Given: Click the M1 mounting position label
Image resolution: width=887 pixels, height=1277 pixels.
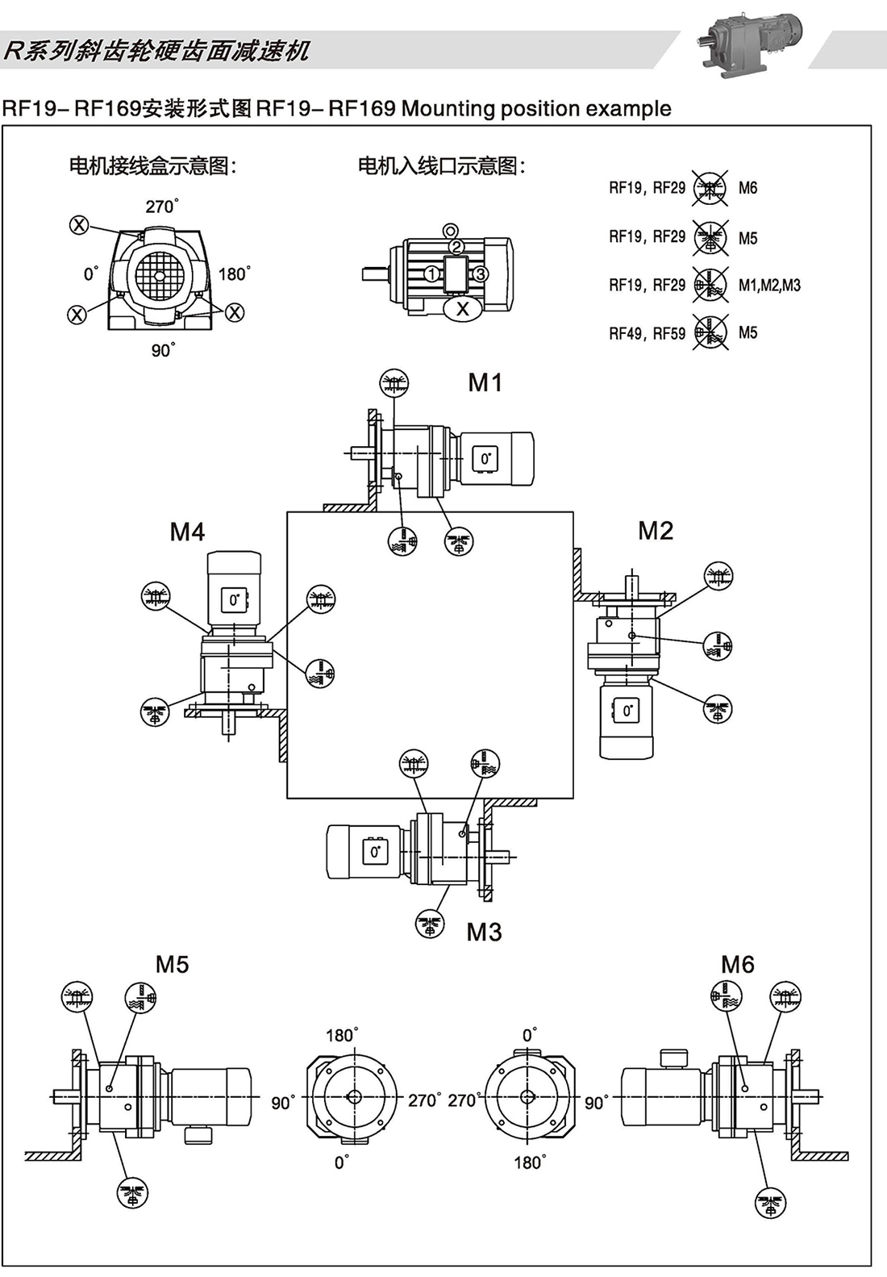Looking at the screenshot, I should pos(485,382).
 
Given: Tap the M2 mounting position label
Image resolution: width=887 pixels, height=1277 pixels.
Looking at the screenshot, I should pos(655,531).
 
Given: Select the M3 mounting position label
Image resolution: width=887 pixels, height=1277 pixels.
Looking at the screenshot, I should pos(484,932).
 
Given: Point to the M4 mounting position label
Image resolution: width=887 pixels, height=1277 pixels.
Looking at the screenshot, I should pos(187,532).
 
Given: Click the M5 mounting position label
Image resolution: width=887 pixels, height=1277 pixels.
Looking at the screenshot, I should pos(172,964).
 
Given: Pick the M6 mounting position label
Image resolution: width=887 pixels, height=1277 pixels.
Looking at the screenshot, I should pos(737,964).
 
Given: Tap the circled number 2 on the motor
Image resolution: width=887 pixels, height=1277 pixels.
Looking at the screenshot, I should pos(456,246).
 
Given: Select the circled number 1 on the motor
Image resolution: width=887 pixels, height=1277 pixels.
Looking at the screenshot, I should pos(431,274).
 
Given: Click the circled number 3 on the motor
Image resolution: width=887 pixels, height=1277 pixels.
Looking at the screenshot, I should pos(480,274).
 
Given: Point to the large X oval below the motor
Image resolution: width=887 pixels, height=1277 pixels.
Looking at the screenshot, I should pos(462,308).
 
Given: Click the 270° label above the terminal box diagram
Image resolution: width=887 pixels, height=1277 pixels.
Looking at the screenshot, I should pos(161,207).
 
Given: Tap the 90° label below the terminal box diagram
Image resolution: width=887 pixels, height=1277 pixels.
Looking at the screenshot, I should pos(163,350).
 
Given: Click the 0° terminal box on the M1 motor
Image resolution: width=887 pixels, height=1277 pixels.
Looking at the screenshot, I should pos(485,458).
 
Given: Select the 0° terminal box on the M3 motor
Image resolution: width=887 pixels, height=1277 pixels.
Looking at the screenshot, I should pos(376,852).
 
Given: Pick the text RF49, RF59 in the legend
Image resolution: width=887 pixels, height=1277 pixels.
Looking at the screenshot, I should pos(647,333).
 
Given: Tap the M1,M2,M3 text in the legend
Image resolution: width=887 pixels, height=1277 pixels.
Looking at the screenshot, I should pos(769,285).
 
